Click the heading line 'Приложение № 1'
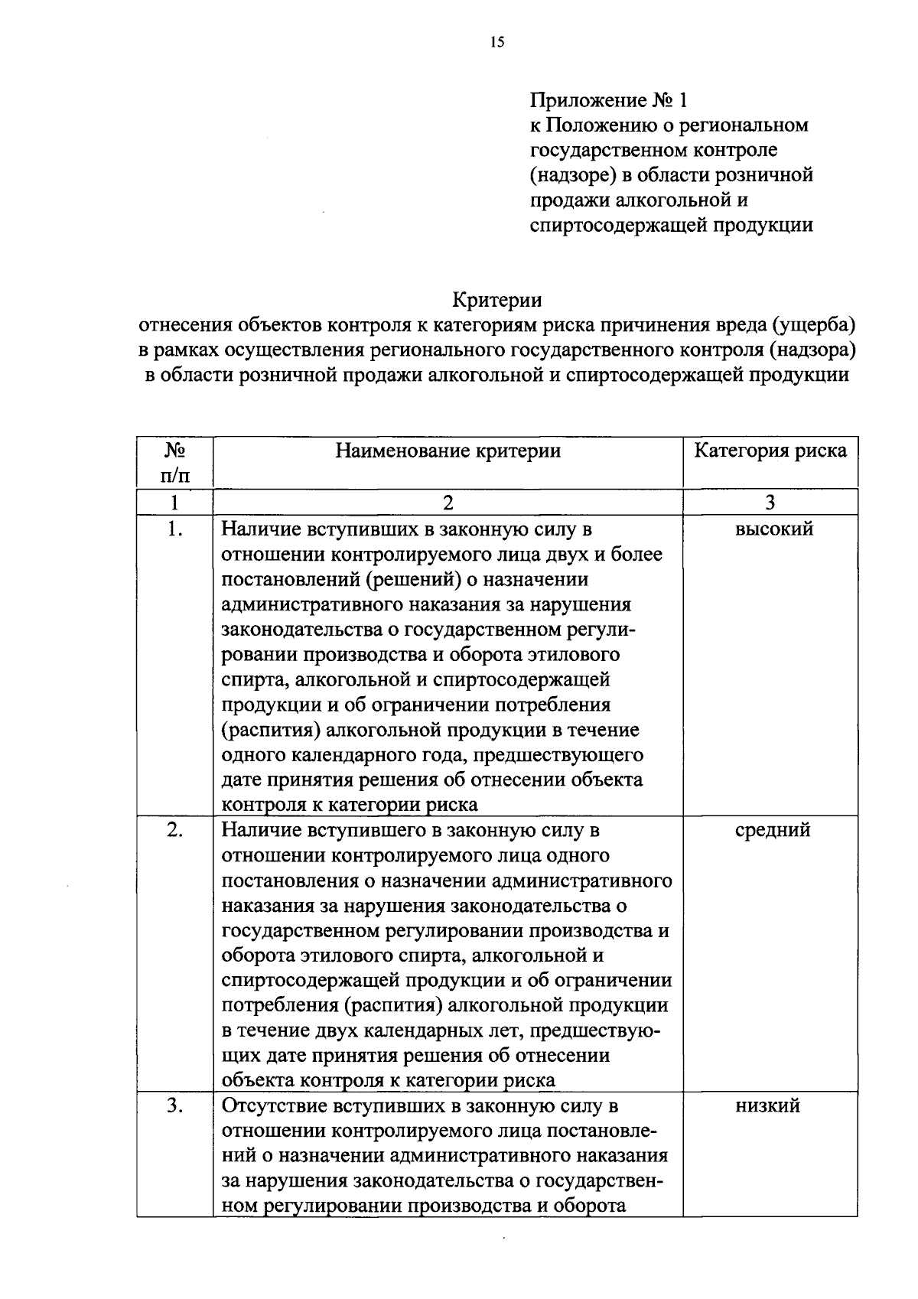click(609, 100)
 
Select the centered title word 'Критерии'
click(497, 299)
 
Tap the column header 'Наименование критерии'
click(448, 451)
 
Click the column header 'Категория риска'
click(770, 451)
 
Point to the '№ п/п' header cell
click(175, 463)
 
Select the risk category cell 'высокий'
click(773, 529)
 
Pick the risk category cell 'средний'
click(772, 830)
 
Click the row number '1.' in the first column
click(175, 529)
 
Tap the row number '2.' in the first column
click(175, 830)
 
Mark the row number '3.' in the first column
click(175, 1105)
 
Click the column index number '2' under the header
click(448, 502)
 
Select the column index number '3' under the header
click(770, 502)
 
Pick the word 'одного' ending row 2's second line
click(580, 855)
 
